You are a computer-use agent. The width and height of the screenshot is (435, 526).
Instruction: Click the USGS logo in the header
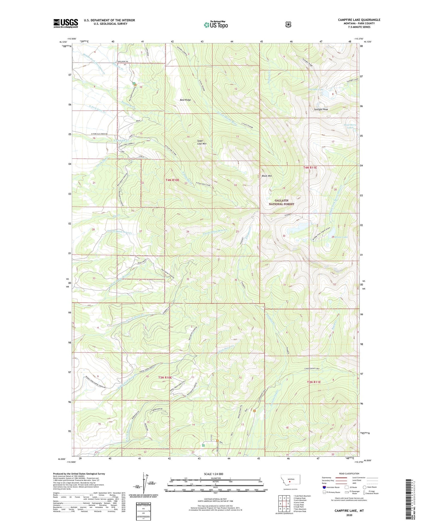coord(66,23)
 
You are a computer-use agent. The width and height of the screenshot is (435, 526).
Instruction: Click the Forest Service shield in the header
coord(288,24)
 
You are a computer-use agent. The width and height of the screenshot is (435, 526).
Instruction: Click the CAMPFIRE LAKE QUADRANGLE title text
coord(359,20)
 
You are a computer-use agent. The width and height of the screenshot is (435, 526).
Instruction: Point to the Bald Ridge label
coord(185,100)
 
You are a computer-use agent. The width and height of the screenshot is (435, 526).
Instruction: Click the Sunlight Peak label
coord(321,109)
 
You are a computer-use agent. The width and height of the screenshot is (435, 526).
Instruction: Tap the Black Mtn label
coord(267,176)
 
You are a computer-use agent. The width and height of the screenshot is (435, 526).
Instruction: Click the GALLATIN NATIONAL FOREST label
coord(281,202)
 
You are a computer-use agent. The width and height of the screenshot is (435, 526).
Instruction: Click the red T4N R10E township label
coord(172,180)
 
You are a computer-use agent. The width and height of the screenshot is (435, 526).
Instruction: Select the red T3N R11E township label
coord(314,382)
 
